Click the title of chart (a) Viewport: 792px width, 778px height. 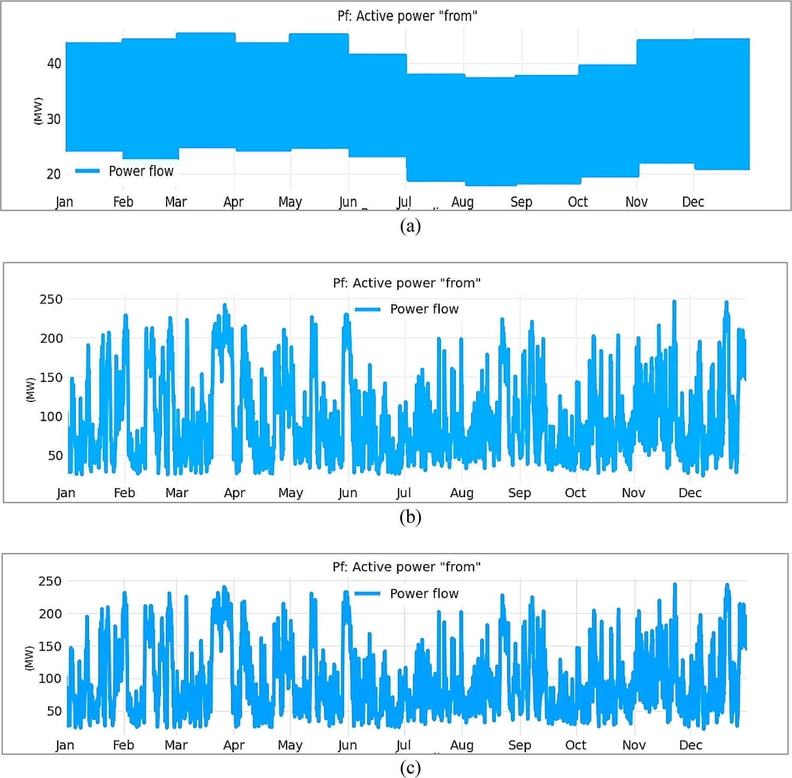407,16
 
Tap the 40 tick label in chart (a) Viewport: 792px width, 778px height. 54,63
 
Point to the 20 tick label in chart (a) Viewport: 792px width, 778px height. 54,174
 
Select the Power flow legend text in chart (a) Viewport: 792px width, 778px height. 141,171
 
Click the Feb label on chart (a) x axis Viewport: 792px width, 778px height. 123,201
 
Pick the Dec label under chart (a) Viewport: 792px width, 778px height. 693,201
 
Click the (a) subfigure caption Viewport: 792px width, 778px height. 410,226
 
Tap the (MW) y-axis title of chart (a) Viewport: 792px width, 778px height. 38,111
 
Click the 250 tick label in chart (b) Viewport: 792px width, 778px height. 51,299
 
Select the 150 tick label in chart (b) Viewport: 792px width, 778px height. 51,378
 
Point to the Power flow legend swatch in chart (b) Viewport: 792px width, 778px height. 368,309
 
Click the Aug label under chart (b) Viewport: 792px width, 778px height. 462,493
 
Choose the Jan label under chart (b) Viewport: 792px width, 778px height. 66,493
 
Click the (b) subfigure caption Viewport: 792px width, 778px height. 410,517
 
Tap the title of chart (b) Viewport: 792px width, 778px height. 407,283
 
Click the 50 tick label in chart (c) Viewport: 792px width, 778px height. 54,711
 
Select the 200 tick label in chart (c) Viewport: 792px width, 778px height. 50,614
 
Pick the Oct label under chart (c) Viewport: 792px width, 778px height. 576,745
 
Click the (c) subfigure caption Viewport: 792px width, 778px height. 410,767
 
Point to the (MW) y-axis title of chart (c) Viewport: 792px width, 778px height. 29,658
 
